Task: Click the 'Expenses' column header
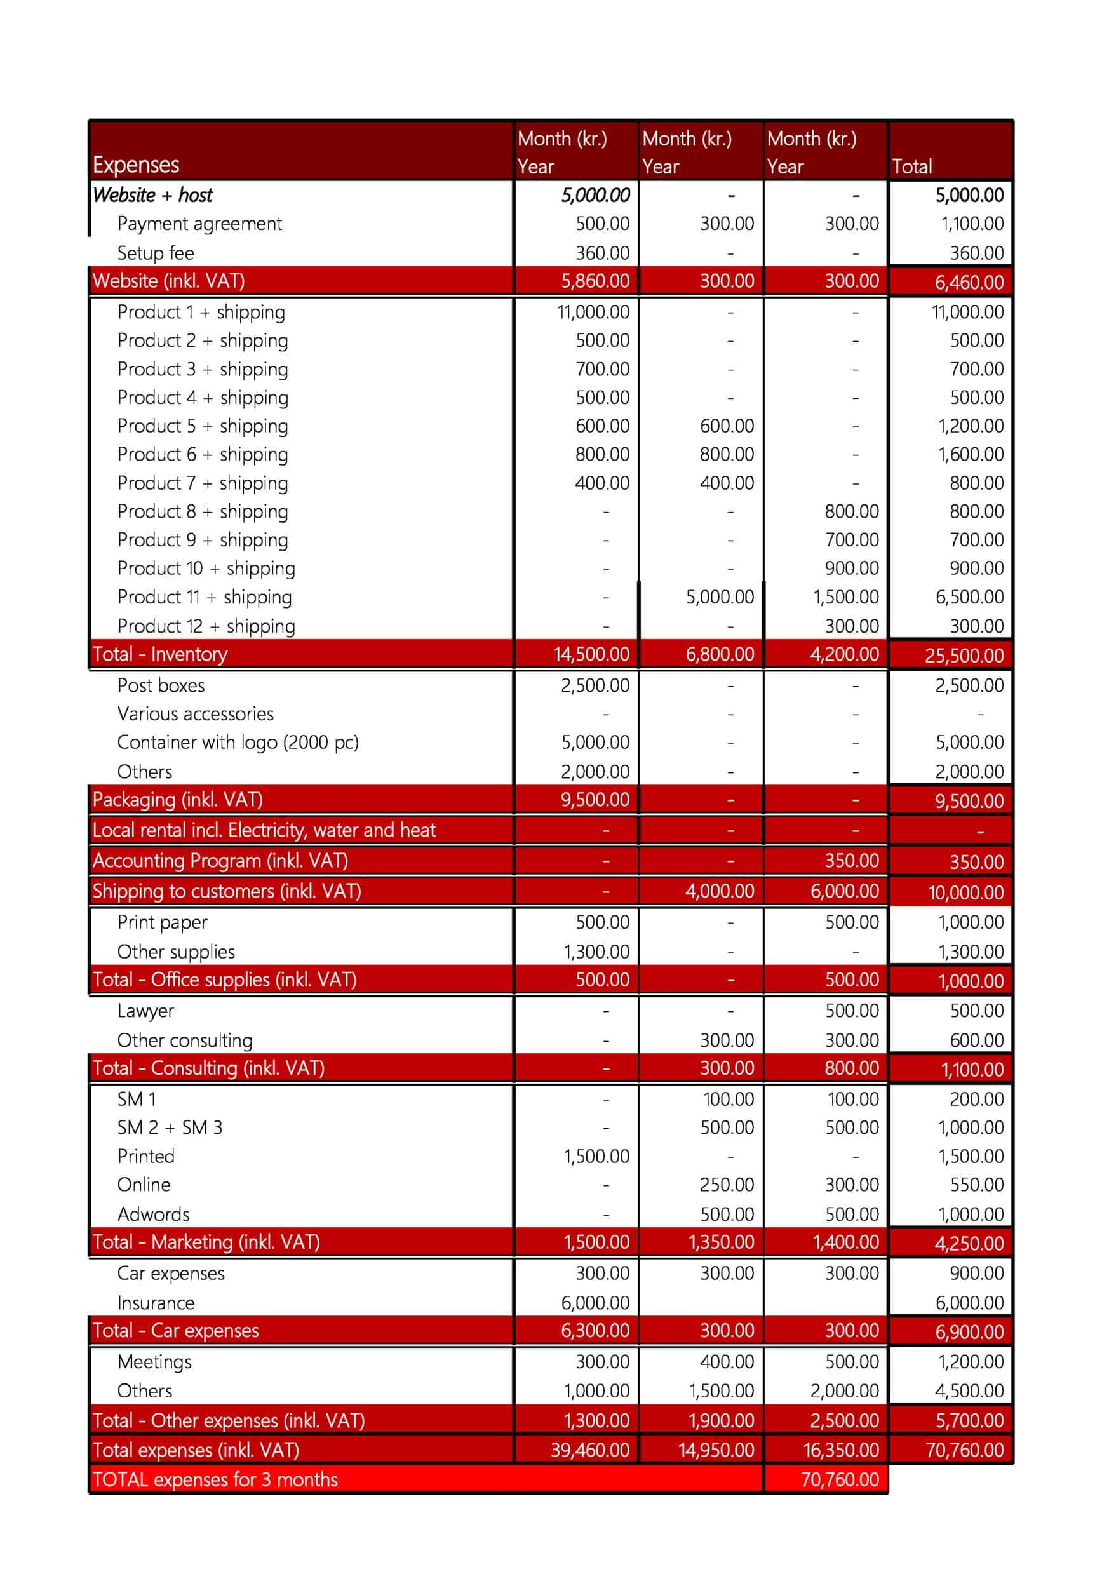click(136, 165)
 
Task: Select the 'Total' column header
click(911, 166)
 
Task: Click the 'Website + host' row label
click(152, 196)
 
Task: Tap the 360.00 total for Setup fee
click(976, 253)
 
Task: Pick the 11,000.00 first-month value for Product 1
click(593, 312)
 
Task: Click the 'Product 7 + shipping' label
click(203, 483)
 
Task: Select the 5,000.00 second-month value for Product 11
click(720, 597)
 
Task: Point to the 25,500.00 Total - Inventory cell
click(964, 656)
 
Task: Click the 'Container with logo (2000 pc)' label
click(238, 742)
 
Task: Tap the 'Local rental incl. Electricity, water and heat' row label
click(264, 830)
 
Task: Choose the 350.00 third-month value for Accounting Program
click(851, 861)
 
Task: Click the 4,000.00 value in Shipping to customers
click(720, 891)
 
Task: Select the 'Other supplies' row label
click(175, 952)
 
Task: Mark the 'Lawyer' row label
click(145, 1011)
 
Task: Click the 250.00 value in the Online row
click(727, 1185)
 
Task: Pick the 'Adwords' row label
click(152, 1215)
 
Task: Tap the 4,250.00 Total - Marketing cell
click(969, 1244)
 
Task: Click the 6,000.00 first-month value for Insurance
click(595, 1303)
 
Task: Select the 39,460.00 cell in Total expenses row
click(589, 1450)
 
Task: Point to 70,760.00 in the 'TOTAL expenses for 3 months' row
click(840, 1479)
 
